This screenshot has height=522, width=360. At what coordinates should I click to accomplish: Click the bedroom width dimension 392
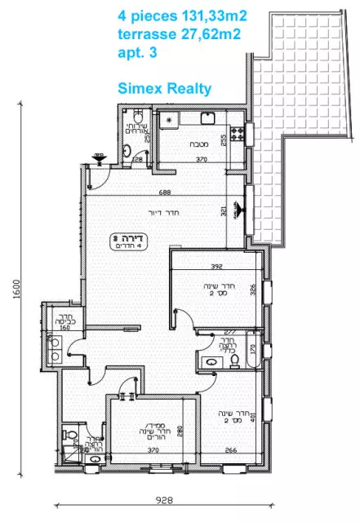coord(215,267)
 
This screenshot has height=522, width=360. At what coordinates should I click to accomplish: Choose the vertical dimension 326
coord(253,289)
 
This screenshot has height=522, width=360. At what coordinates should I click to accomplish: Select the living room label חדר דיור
coord(167,213)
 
